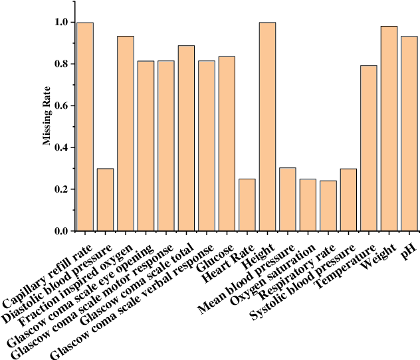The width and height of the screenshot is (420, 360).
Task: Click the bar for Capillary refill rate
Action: pos(85,127)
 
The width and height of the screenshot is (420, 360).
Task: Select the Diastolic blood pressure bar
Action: pos(105,200)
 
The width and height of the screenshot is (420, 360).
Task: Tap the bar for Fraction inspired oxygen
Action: pos(126,134)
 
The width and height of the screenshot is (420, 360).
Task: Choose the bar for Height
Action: pos(267,127)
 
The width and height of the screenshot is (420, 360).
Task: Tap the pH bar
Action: pos(409,134)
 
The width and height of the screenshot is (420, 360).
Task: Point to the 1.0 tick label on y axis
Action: pos(61,23)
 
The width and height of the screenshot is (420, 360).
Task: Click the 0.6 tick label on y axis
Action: pos(61,106)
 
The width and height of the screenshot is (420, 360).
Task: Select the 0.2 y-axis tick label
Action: pos(61,190)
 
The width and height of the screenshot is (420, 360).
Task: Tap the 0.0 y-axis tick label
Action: pos(61,231)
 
